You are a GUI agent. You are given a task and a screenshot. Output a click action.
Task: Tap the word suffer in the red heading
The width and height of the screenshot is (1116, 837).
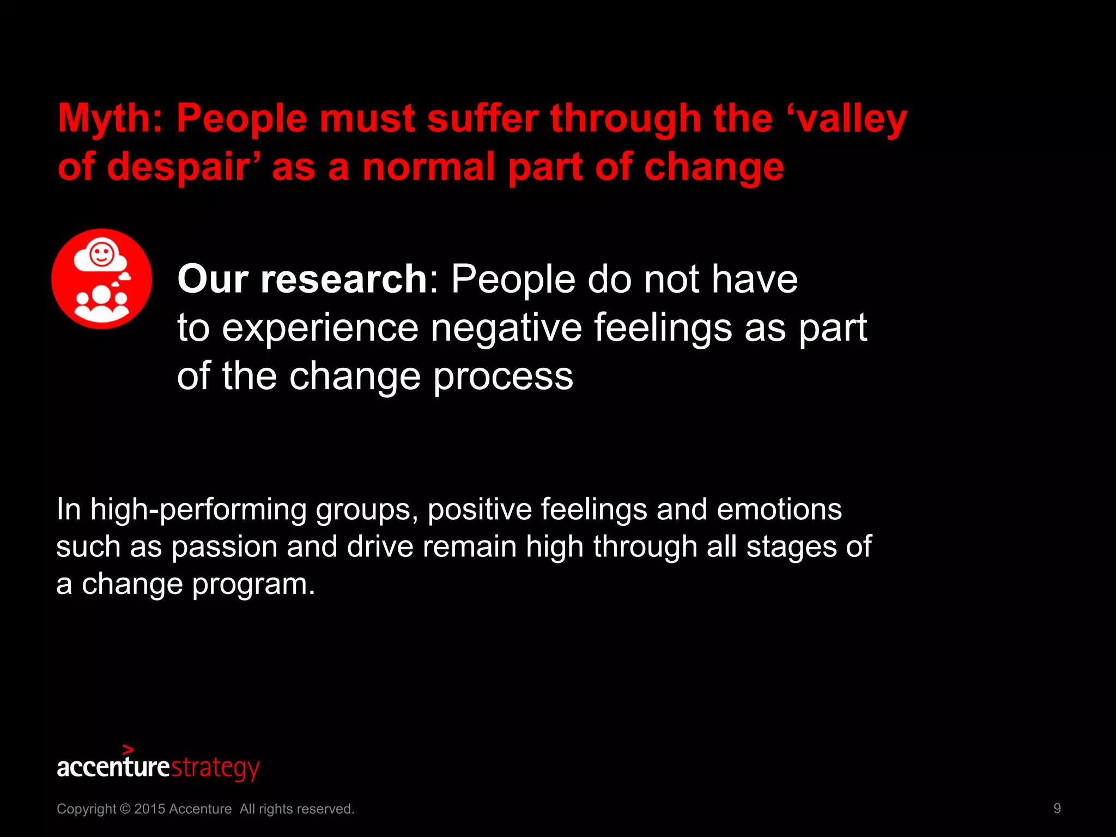(x=482, y=119)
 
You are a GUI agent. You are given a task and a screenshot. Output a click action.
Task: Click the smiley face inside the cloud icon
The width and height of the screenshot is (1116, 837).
(x=101, y=254)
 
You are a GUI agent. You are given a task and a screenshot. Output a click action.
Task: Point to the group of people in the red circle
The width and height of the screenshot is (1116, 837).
(x=101, y=303)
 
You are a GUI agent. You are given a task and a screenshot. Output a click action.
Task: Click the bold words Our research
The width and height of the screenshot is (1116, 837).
(x=302, y=279)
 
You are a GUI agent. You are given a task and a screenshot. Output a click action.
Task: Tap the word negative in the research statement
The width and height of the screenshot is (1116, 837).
(x=506, y=327)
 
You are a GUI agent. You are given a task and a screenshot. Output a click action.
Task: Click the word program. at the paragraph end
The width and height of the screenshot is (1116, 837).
(x=253, y=584)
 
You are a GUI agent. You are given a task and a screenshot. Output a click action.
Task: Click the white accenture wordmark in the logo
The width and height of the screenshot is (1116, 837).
(x=113, y=767)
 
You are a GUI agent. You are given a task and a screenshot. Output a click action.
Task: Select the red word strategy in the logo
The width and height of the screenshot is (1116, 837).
(x=215, y=768)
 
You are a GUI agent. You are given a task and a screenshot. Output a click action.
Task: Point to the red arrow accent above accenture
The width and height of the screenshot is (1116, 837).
(x=128, y=750)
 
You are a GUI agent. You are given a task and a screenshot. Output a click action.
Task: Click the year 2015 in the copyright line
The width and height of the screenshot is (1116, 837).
(x=149, y=809)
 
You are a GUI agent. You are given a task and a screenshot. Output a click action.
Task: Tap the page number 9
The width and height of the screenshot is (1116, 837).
(x=1057, y=809)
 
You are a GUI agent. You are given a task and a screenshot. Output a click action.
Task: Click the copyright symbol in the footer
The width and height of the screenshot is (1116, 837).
(x=125, y=809)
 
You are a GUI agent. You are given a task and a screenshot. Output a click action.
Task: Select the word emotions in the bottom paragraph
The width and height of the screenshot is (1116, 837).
(x=779, y=510)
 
